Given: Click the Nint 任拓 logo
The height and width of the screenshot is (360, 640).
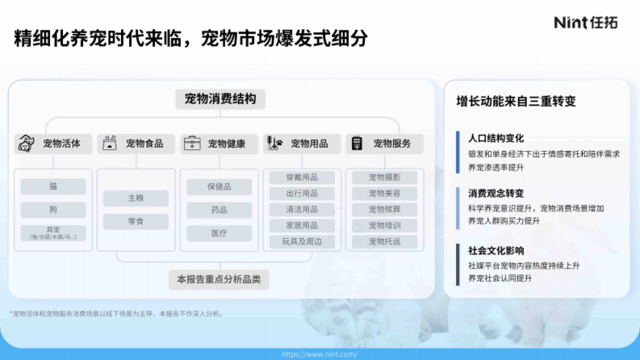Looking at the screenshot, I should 585,22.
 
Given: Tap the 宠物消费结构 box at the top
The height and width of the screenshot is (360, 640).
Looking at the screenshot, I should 220,99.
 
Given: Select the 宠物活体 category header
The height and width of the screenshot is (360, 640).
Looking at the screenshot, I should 53,143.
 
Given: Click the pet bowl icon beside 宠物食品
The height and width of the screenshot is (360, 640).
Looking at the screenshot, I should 110,143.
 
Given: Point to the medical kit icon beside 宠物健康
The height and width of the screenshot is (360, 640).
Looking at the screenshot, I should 192,143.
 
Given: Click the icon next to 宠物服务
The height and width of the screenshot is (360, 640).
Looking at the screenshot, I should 357,143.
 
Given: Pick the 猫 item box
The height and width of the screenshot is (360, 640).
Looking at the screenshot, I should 53,186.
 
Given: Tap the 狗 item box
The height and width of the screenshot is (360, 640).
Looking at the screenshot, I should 53,210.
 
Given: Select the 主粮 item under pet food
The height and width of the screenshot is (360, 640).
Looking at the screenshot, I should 136,198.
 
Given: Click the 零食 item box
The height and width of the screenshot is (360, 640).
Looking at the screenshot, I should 136,221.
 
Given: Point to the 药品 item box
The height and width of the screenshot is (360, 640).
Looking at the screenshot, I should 219,210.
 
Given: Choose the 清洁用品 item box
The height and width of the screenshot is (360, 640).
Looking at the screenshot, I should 302,209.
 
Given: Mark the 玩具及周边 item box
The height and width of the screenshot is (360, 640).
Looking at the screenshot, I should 302,242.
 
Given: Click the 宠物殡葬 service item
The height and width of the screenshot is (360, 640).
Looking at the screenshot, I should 385,209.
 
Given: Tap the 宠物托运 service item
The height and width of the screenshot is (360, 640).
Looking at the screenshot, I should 385,242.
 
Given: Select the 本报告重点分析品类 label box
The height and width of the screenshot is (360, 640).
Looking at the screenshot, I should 219,279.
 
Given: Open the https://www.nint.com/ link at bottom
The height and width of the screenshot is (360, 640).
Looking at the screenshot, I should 319,354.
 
